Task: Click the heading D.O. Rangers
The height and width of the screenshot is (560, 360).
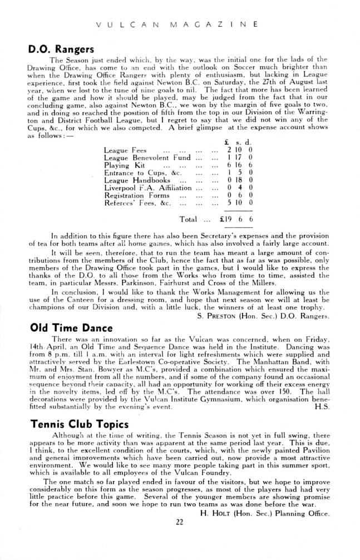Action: pos(62,48)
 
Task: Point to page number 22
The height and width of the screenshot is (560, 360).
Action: pos(179,522)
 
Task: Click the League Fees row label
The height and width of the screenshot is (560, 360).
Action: pos(125,150)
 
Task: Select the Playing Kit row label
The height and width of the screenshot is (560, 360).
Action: pos(124,166)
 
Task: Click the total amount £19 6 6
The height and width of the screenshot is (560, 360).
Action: pos(237,219)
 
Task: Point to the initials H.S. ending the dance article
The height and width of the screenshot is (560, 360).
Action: pos(322,407)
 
